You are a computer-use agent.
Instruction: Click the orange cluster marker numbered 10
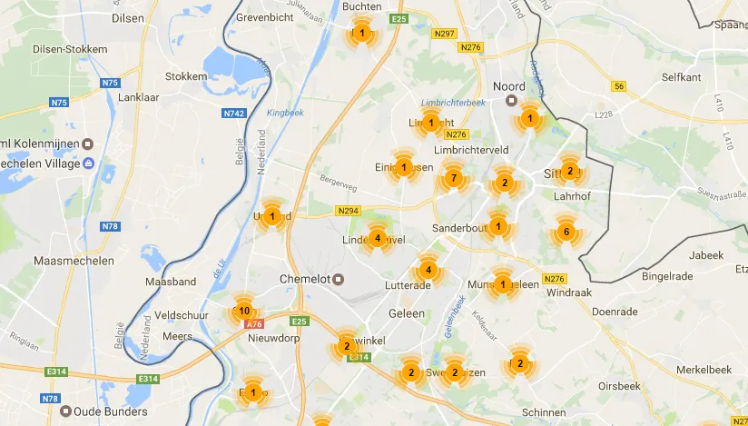point(244,311)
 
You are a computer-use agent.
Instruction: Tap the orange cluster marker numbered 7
point(454,178)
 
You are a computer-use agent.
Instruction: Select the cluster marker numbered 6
point(566,232)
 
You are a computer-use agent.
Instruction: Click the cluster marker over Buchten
point(362,34)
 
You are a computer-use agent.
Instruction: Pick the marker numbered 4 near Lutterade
point(428,270)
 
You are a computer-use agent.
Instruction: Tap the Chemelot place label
point(302,278)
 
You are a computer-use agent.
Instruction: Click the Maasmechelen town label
point(74,261)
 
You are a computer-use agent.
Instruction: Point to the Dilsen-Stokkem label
point(69,49)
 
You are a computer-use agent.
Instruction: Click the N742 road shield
point(234,114)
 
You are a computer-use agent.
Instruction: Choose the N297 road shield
point(445,34)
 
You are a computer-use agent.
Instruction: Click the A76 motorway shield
point(253,323)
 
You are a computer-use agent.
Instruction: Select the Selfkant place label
point(682,77)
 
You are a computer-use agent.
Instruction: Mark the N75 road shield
point(110,83)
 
